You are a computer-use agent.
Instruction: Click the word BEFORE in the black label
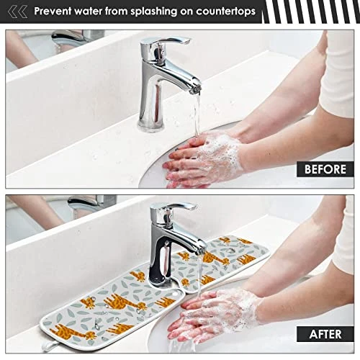(325, 169)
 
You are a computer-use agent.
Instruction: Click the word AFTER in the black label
(325, 334)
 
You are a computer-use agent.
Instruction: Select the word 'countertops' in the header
(225, 12)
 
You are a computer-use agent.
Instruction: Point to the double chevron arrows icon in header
(17, 12)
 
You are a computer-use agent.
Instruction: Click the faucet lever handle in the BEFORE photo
(166, 41)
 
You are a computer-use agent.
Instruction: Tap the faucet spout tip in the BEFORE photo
(196, 90)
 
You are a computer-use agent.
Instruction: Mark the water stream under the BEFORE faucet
(197, 115)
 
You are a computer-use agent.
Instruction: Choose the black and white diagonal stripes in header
(311, 12)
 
